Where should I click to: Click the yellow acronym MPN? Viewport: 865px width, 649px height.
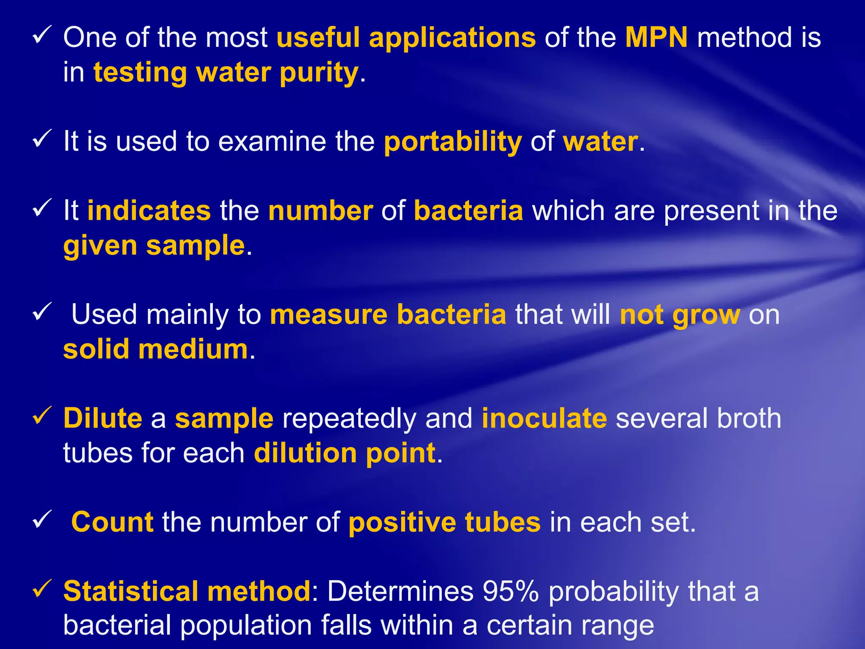tap(656, 38)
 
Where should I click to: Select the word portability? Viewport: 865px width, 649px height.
tap(453, 142)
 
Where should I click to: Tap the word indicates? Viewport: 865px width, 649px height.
tap(149, 211)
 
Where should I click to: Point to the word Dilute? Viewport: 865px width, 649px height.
tap(103, 419)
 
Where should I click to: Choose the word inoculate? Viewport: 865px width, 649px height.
tap(544, 419)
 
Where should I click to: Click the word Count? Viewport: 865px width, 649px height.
tap(112, 522)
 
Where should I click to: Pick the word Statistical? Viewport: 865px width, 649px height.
tap(131, 591)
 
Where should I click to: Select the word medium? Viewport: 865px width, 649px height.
tap(193, 350)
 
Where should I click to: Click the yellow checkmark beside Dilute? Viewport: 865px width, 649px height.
tap(42, 416)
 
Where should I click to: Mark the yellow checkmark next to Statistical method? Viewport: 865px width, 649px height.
tap(42, 589)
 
